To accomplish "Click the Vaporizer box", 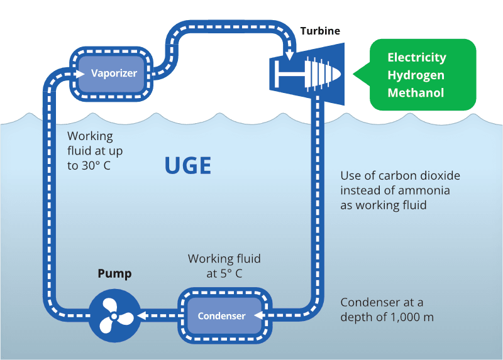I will [x=114, y=73].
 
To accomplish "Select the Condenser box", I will [x=221, y=316].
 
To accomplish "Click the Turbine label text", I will [x=320, y=31].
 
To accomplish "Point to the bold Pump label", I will [x=114, y=274].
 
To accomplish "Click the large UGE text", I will [x=187, y=166].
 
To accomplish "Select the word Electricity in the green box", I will [x=417, y=57].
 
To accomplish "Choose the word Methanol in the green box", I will [x=416, y=93].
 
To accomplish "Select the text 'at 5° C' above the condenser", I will [x=224, y=274].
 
